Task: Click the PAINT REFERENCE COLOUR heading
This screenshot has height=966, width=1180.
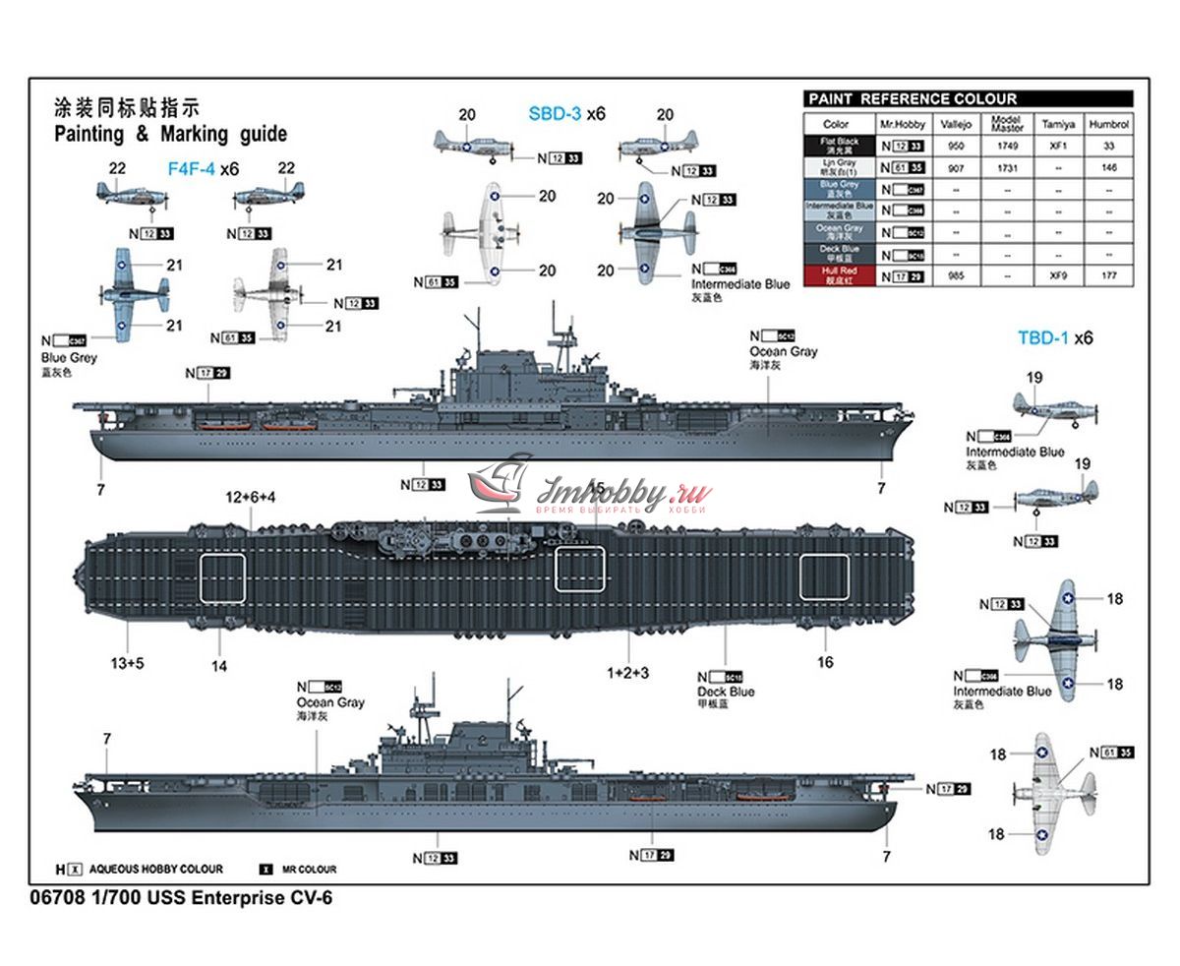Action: click(912, 99)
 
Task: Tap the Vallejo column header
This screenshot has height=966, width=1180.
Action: click(956, 125)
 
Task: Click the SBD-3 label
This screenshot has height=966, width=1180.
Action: click(555, 114)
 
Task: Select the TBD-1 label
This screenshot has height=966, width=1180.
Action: click(1041, 337)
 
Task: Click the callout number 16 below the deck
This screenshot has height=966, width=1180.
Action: click(825, 662)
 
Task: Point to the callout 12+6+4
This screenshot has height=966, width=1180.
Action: click(251, 498)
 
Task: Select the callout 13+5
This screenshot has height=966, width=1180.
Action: click(127, 663)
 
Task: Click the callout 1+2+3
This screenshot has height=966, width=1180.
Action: click(627, 673)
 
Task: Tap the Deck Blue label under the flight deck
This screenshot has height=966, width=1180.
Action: click(726, 692)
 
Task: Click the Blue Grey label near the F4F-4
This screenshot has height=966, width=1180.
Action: click(69, 358)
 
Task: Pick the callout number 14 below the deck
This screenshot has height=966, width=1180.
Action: click(219, 666)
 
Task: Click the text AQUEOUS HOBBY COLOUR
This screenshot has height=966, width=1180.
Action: click(156, 870)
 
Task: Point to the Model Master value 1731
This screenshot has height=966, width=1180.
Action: click(1007, 168)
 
